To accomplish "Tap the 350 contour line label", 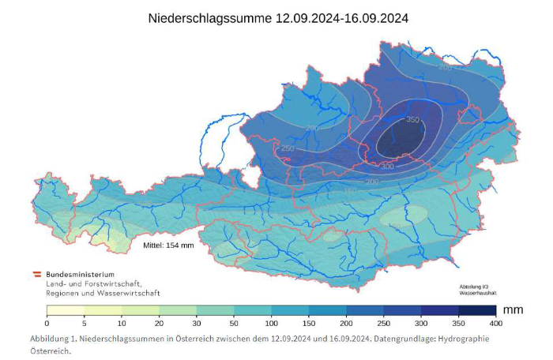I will (412, 120).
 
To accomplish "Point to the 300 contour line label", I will (387, 167).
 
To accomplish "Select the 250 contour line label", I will (288, 148).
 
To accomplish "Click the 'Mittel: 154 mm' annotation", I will (168, 245).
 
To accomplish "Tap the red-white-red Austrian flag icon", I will (36, 274).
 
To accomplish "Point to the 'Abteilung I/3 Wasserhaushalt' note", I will (478, 289).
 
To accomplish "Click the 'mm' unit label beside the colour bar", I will (513, 309).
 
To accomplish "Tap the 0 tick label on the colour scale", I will (47, 324).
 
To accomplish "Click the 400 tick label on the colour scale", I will (495, 324).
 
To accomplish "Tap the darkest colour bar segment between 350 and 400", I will (476, 310).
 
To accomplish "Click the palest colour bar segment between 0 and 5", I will (66, 310).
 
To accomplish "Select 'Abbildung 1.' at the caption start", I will (55, 338).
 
